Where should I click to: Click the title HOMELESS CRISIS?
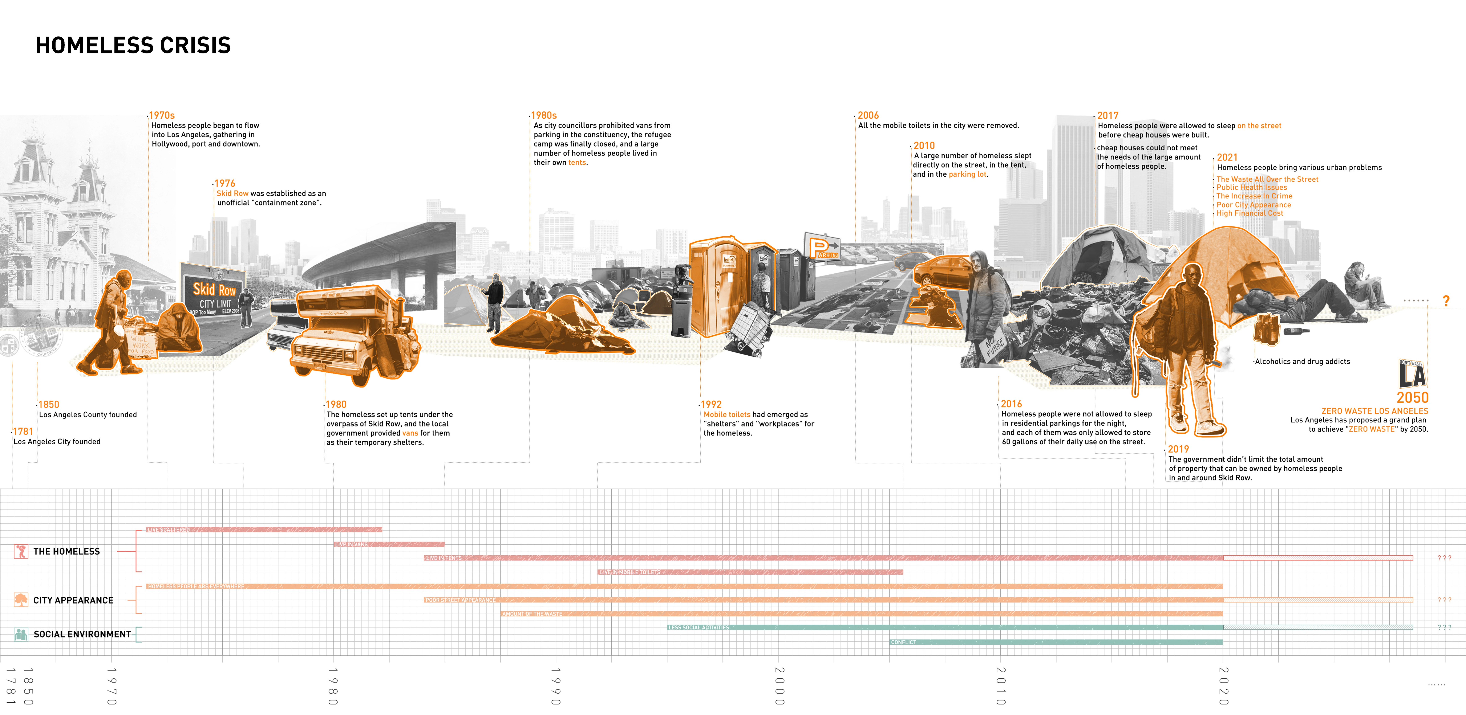(x=133, y=45)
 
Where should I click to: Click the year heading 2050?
(x=1413, y=398)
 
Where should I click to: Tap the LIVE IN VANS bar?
(x=389, y=544)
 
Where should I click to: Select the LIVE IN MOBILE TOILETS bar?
(x=750, y=572)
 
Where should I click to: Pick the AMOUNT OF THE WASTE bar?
(x=861, y=614)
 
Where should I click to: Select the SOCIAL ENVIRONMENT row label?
(x=82, y=634)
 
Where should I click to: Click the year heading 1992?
(x=711, y=404)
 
